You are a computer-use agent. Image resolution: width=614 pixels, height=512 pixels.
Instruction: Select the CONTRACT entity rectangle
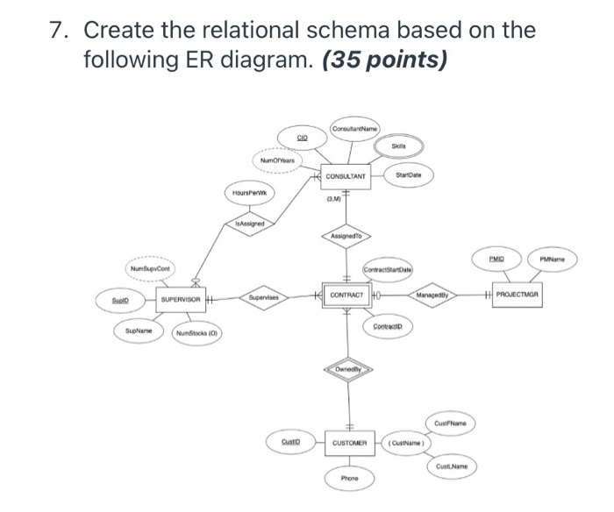click(x=351, y=295)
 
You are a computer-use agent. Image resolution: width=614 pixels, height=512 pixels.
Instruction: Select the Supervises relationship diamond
click(x=262, y=296)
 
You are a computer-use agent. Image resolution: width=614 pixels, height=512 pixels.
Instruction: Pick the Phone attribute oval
click(x=351, y=478)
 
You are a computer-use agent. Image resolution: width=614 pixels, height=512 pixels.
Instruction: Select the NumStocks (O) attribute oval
click(x=198, y=333)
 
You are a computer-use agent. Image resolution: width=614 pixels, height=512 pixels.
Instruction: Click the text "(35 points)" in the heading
click(x=386, y=61)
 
